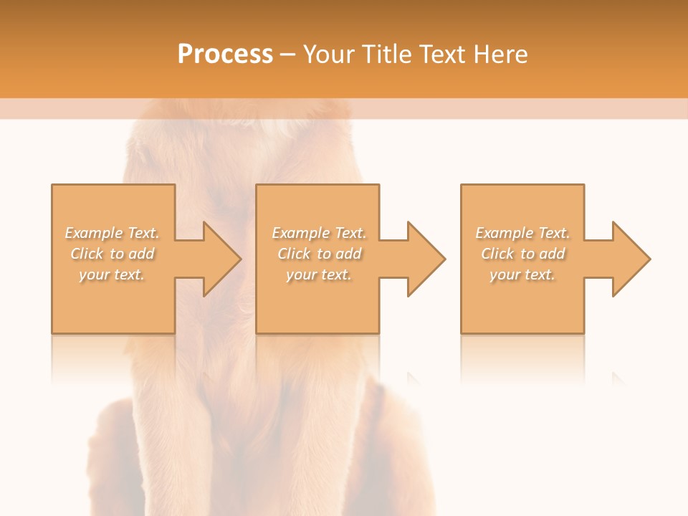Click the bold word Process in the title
(225, 54)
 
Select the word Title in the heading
(388, 54)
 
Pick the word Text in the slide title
(442, 54)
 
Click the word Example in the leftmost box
(94, 233)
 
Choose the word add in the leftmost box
(141, 254)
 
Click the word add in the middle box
(348, 254)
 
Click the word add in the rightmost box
(552, 254)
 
